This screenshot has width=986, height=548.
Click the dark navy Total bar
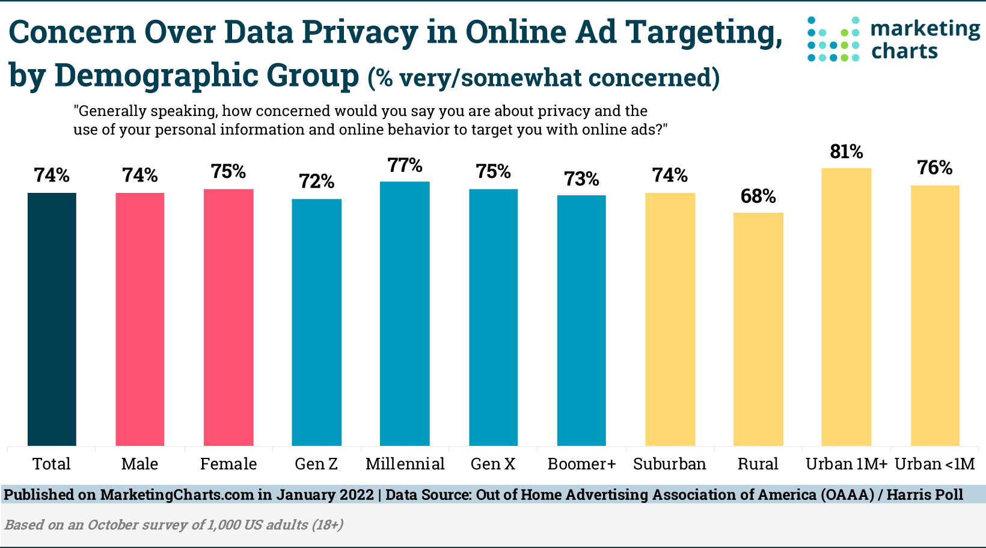pyautogui.click(x=52, y=319)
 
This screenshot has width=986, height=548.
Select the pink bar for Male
pyautogui.click(x=140, y=319)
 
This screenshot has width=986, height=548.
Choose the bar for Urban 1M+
pyautogui.click(x=846, y=307)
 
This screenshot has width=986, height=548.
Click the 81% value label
pyautogui.click(x=846, y=152)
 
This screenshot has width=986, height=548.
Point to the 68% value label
pyautogui.click(x=758, y=196)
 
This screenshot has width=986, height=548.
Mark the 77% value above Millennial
pyautogui.click(x=405, y=165)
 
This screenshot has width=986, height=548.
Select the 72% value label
pyautogui.click(x=317, y=181)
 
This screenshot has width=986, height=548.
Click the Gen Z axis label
pyautogui.click(x=316, y=464)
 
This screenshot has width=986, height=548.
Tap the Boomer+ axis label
pyautogui.click(x=581, y=464)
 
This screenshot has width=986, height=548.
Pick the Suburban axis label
pyautogui.click(x=670, y=464)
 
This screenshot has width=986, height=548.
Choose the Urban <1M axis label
pyautogui.click(x=935, y=464)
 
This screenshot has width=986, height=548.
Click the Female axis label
pyautogui.click(x=228, y=464)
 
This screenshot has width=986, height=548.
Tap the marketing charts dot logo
pyautogui.click(x=833, y=39)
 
